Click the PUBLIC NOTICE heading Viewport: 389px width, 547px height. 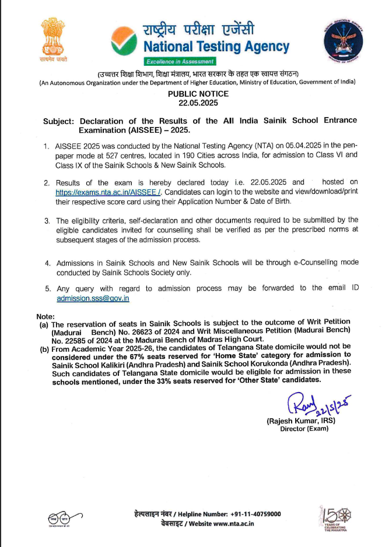click(198, 94)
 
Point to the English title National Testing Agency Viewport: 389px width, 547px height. click(216, 46)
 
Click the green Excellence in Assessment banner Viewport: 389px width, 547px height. click(180, 61)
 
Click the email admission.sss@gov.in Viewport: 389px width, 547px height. click(93, 298)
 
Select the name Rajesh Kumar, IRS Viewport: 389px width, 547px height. click(300, 421)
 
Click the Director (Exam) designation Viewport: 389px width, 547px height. click(304, 429)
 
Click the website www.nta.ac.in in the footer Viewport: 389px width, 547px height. click(233, 523)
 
